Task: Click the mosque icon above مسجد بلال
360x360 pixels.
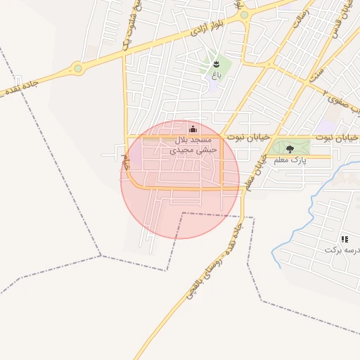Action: (x=193, y=128)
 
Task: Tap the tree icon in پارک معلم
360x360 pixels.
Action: (x=290, y=149)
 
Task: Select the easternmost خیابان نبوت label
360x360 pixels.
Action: (x=337, y=136)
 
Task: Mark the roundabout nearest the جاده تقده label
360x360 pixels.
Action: (x=77, y=69)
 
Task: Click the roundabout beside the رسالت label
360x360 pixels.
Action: (x=244, y=15)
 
